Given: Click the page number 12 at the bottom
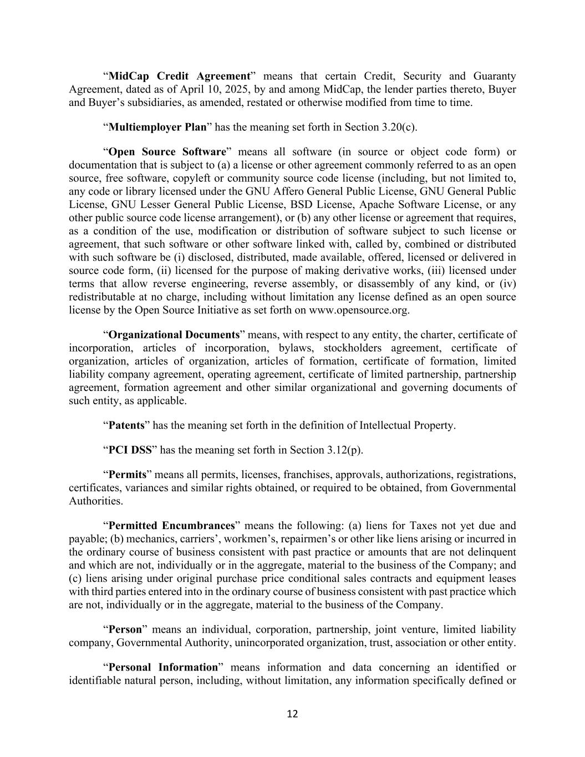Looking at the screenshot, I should pyautogui.click(x=292, y=714).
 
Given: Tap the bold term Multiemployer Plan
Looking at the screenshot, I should pyautogui.click(x=157, y=127).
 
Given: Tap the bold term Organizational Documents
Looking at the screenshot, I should pyautogui.click(x=174, y=335).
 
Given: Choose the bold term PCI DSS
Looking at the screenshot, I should pyautogui.click(x=130, y=450).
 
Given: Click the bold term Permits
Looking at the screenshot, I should pyautogui.click(x=128, y=475).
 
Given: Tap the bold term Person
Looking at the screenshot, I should pyautogui.click(x=125, y=630).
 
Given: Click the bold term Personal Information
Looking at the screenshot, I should pyautogui.click(x=163, y=668).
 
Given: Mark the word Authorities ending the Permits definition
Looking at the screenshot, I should pyautogui.click(x=95, y=501).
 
